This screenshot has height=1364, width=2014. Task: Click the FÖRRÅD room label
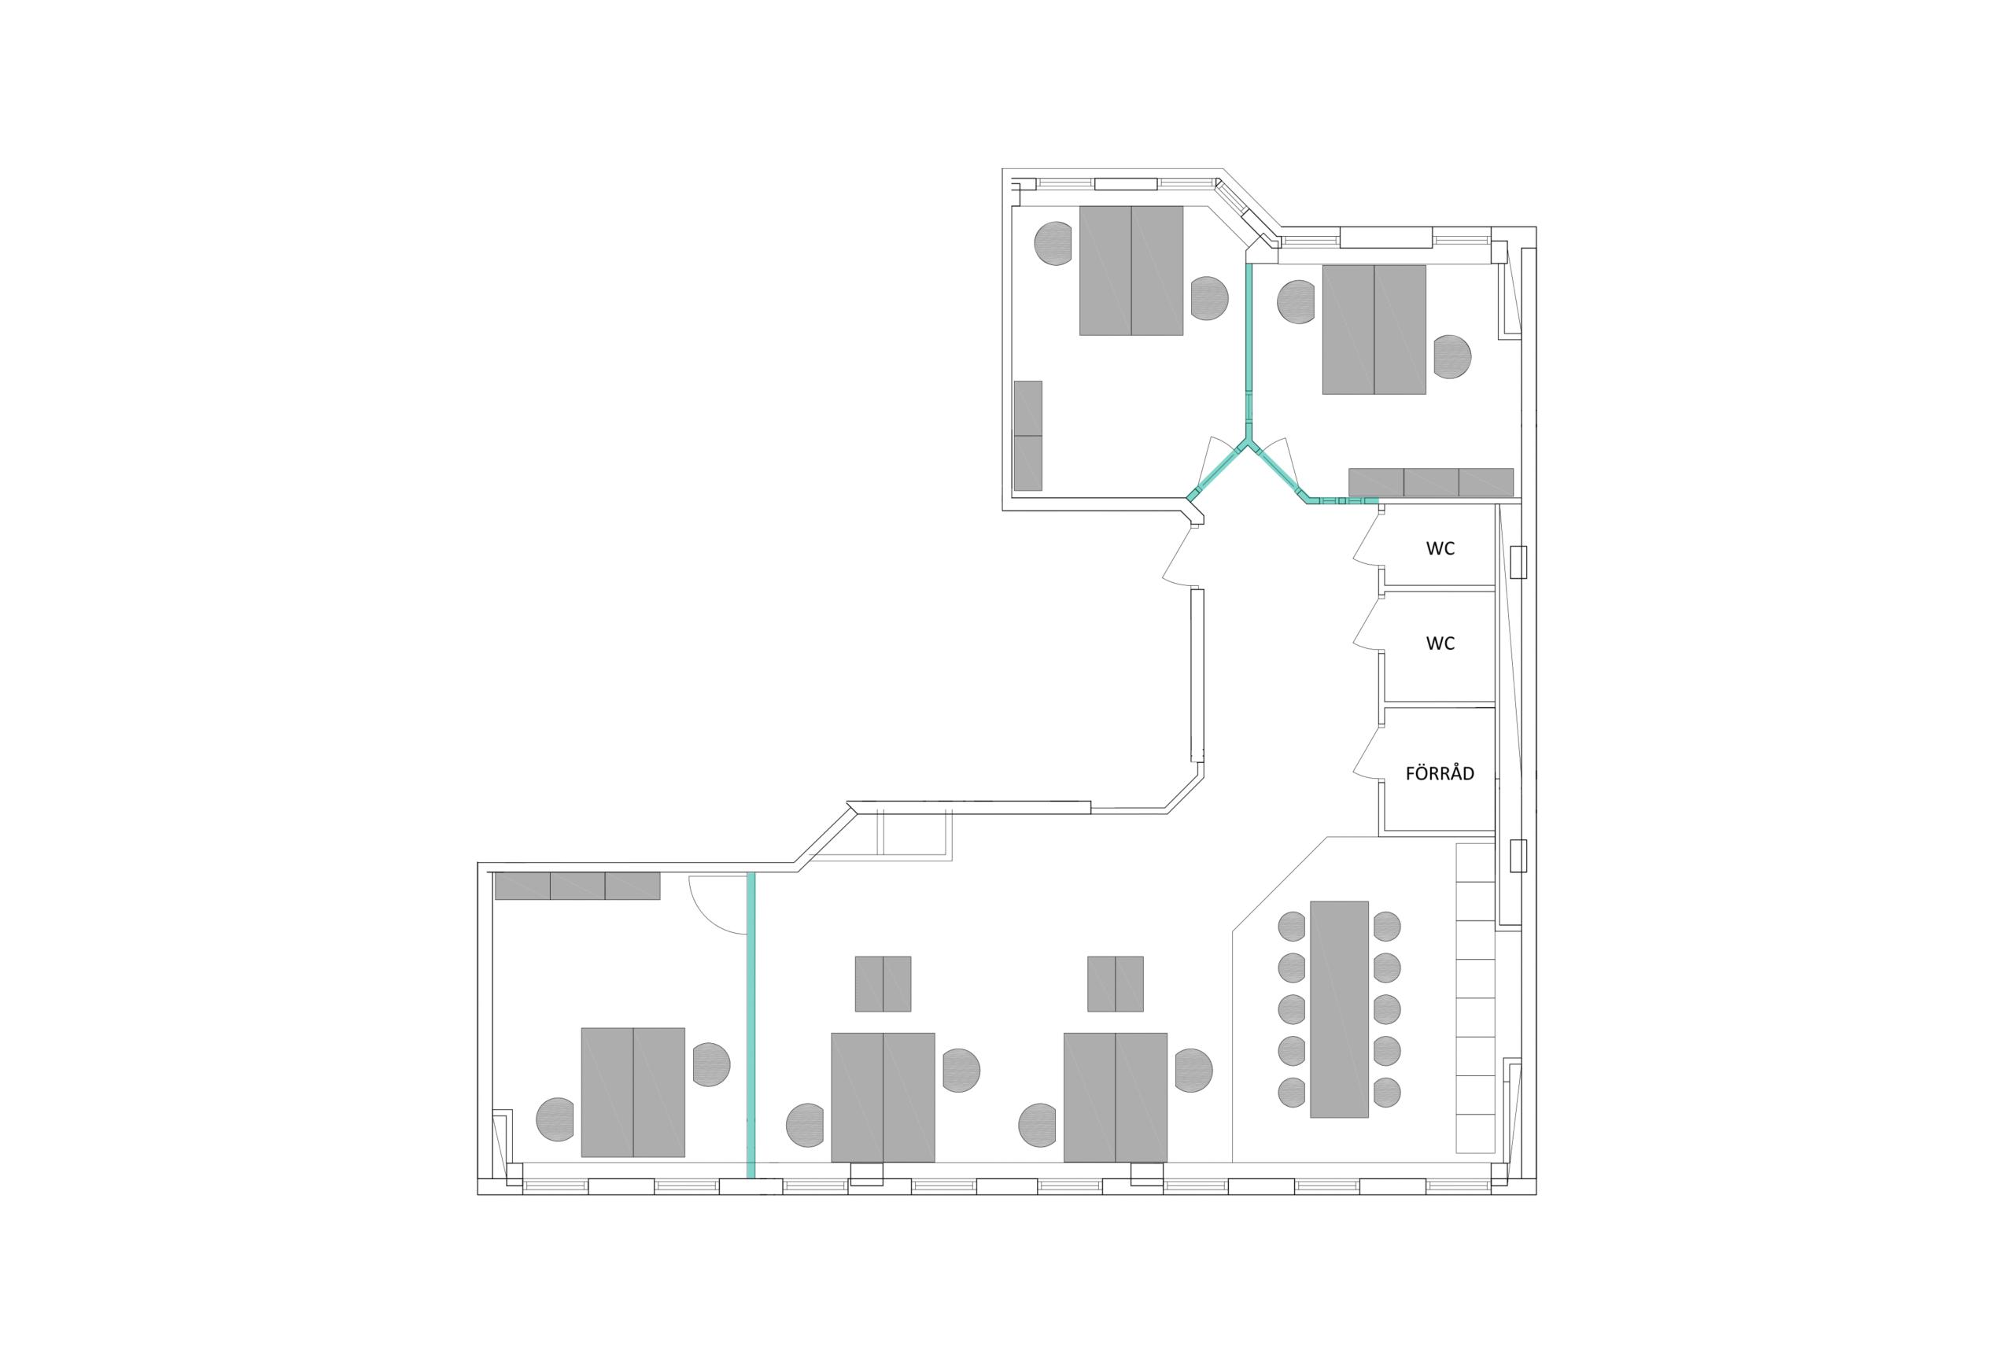click(1440, 774)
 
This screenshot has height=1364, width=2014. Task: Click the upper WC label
click(1440, 548)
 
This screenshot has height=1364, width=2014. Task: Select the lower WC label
click(1440, 643)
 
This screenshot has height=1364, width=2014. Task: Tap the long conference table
click(1339, 1009)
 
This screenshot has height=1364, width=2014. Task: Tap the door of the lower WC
click(1367, 622)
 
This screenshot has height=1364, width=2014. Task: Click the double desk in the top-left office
click(1131, 271)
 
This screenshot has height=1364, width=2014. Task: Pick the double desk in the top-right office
click(1374, 330)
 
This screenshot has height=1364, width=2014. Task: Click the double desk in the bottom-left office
click(633, 1092)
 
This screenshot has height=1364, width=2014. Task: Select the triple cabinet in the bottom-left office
click(577, 886)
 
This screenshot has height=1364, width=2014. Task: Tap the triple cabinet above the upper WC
click(1431, 483)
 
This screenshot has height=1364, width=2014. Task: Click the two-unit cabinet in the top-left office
click(1027, 435)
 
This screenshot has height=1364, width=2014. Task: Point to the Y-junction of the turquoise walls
click(1249, 445)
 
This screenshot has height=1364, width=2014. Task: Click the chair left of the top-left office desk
click(1053, 244)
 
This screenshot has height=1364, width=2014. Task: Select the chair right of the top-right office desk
click(1452, 356)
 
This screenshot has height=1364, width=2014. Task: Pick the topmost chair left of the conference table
click(1292, 927)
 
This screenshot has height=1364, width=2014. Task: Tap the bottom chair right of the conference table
click(1386, 1093)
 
